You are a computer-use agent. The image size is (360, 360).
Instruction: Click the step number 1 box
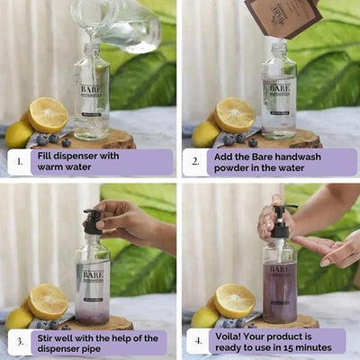[x=18, y=162]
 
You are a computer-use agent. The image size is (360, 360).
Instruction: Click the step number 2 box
[x=198, y=162]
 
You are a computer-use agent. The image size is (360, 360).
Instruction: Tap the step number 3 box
[x=18, y=341]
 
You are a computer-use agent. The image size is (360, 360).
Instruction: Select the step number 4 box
[x=198, y=341]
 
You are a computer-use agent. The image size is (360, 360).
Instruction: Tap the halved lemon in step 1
[x=48, y=114]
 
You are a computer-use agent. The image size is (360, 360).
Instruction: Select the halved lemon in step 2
[x=234, y=114]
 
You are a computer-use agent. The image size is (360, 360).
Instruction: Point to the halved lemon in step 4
[x=234, y=301]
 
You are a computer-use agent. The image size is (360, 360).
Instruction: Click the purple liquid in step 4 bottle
[x=279, y=301]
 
